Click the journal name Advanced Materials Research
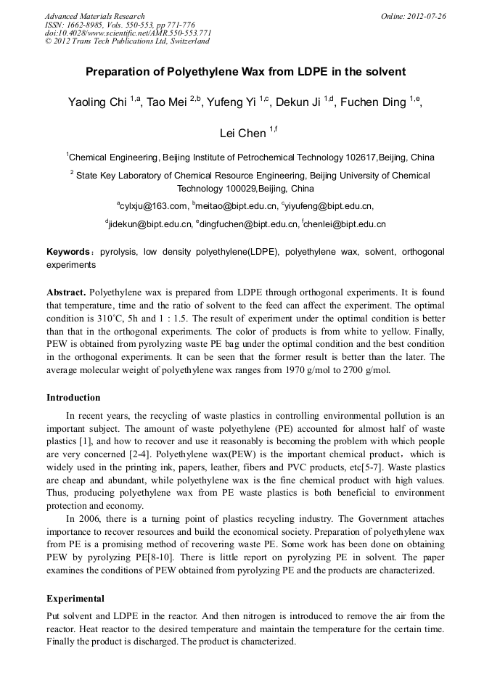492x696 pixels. click(94, 16)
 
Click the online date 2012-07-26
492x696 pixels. click(425, 16)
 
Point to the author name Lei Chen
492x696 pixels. click(242, 134)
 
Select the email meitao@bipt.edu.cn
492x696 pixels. click(237, 206)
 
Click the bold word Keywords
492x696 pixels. click(67, 252)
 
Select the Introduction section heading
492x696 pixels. click(73, 398)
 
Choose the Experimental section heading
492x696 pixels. click(75, 599)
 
